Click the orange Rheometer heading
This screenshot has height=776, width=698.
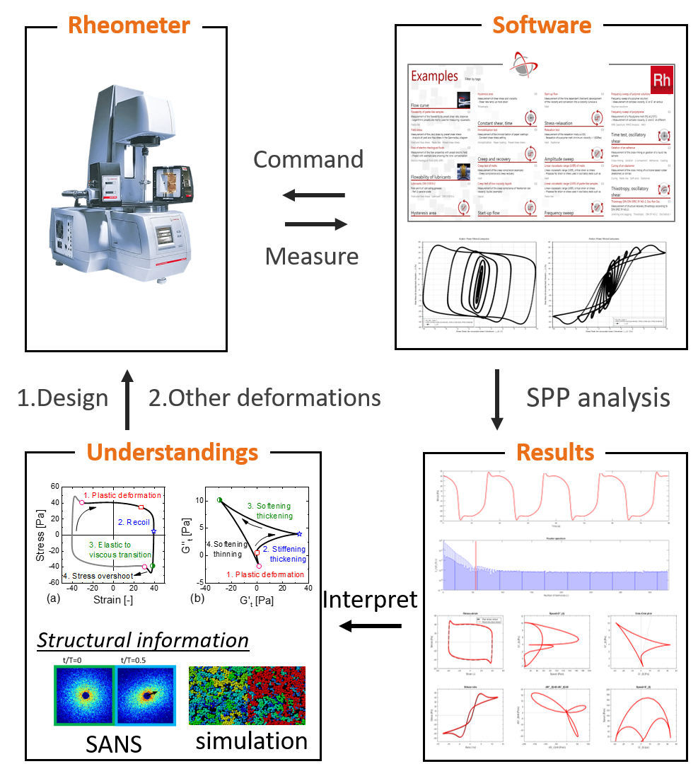coord(128,25)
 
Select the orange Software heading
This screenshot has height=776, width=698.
coord(541,25)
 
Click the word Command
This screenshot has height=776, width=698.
coord(308,159)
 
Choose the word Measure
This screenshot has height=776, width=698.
coord(311,255)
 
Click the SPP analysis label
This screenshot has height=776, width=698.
coord(598,398)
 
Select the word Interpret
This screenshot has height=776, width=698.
coord(370,600)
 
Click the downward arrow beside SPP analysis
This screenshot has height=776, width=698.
coord(497,399)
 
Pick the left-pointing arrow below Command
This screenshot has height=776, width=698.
coord(315,196)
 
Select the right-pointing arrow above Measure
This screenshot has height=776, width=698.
coord(316,224)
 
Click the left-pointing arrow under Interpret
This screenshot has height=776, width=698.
coord(370,626)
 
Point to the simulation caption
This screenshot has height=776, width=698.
coord(251,741)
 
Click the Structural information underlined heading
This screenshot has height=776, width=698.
coord(143,640)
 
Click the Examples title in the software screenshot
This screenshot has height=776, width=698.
coord(434,76)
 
